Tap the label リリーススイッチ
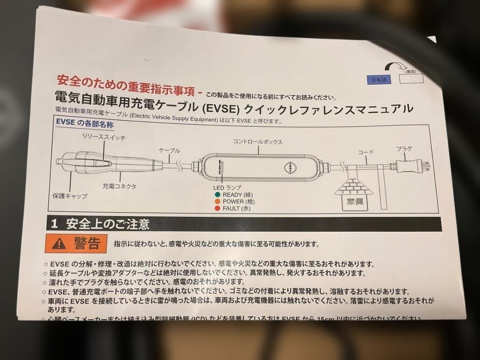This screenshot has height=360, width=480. [104, 137]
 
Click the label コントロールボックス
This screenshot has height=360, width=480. [258, 141]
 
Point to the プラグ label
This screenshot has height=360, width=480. [404, 148]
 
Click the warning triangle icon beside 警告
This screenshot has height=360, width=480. [58, 243]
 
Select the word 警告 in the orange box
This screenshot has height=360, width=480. [87, 243]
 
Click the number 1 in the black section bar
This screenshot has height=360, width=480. [55, 224]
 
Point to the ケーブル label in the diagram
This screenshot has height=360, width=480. [169, 151]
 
